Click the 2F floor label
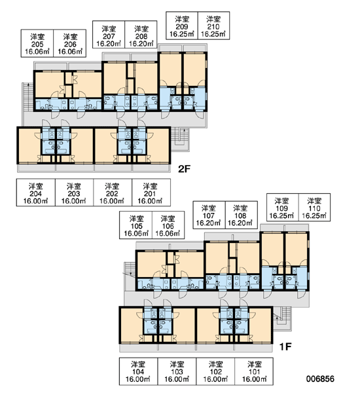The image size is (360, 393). coord(184,169)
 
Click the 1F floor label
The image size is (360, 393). coord(285,346)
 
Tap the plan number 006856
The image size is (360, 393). coord(320,379)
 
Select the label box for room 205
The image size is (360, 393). coord(37,43)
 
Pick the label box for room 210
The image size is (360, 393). coord(213,26)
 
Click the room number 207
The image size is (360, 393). coord(109,36)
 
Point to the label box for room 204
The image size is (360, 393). coord(36,193)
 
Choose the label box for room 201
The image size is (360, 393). coord(151,193)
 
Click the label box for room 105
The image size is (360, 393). coord(135,225)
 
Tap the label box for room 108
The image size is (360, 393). coord(242,215)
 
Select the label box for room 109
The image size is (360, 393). coord(282,207)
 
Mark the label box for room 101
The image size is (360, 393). coord(254,371)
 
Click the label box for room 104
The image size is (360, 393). coord(138,371)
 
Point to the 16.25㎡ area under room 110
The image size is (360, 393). coord(314,215)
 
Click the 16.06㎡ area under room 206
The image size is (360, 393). coord(70,52)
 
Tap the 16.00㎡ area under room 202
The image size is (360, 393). coord(112,201)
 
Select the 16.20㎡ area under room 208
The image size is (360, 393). coord(141,44)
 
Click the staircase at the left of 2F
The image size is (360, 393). coord(27,97)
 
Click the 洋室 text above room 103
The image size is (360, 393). coord(177,364)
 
